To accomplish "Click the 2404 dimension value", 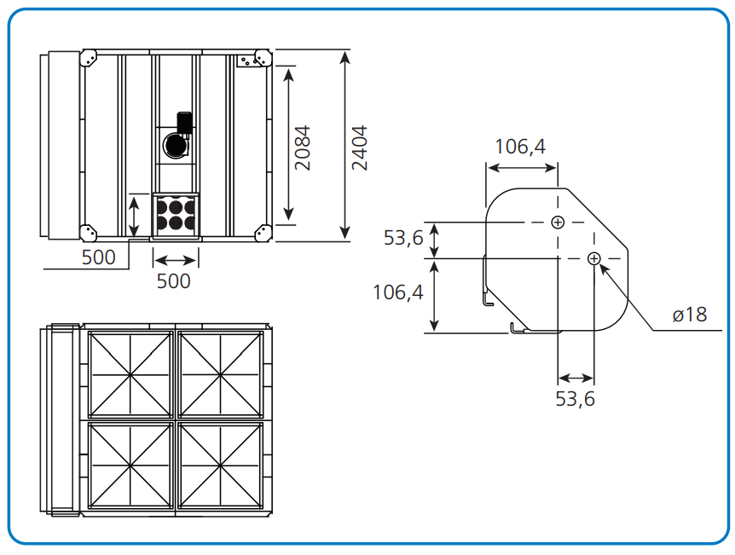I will [360, 148].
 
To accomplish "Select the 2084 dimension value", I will [303, 148].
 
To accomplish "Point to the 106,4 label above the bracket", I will [520, 147].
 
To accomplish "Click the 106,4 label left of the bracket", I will [398, 293].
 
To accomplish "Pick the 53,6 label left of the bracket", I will [403, 238].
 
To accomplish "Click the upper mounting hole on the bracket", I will [557, 223].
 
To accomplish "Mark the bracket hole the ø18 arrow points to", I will [594, 258].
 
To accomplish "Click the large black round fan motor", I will [177, 145].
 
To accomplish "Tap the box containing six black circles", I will [176, 215].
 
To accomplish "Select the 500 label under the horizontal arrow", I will [174, 280].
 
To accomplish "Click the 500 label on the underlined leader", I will [99, 257].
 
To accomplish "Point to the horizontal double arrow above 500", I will [175, 260].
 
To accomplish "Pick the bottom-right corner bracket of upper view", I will [261, 233].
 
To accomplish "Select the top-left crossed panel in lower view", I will [130, 374].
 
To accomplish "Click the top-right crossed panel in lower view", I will [221, 374].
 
